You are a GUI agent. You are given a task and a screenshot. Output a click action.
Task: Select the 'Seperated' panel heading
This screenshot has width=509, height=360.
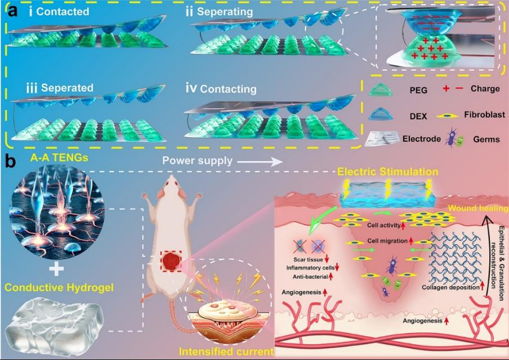tap(63, 88)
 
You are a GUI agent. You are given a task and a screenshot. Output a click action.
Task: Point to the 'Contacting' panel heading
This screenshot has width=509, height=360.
tap(228, 88)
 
